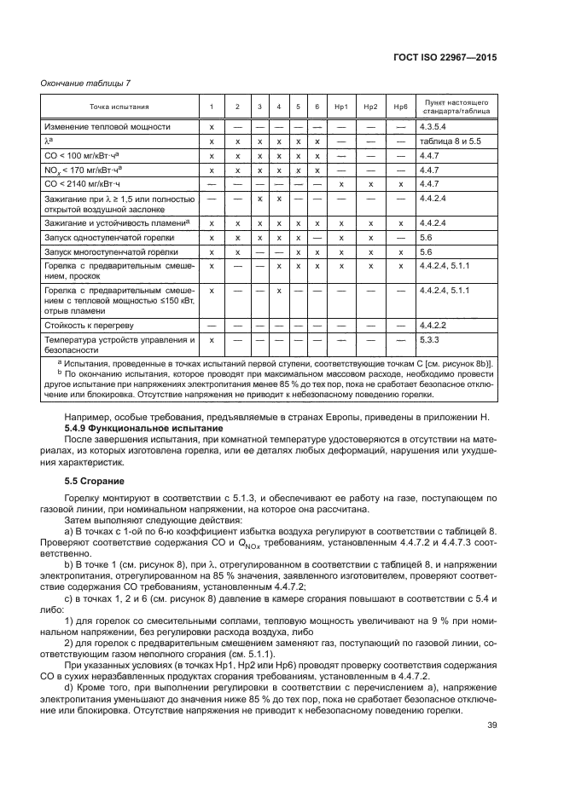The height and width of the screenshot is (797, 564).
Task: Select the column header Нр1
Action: tap(340, 107)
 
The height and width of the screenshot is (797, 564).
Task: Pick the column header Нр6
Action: tap(400, 107)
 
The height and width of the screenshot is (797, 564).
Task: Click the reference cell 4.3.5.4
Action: tap(433, 126)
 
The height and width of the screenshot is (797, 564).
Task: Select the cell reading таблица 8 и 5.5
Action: tap(451, 141)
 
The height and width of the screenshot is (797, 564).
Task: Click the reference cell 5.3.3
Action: tap(428, 340)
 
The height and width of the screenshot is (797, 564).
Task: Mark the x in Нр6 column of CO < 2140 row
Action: tap(400, 183)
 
